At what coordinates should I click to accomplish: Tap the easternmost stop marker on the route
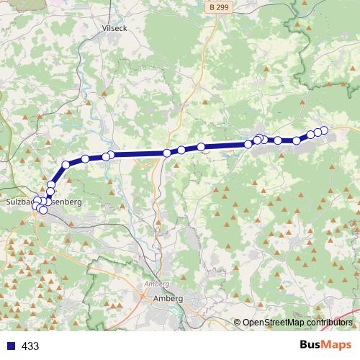click(x=324, y=130)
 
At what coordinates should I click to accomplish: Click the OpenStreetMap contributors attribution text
click(x=297, y=323)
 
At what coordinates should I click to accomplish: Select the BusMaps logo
click(x=325, y=346)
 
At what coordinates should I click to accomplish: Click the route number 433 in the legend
click(x=31, y=346)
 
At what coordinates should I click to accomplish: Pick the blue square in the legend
click(x=11, y=346)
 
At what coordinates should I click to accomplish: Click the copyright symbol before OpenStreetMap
click(x=237, y=323)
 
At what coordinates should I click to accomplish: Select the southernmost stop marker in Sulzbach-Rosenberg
click(x=42, y=210)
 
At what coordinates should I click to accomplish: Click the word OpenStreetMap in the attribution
click(x=274, y=323)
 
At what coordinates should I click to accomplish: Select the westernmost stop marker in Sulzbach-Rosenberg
click(x=35, y=207)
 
